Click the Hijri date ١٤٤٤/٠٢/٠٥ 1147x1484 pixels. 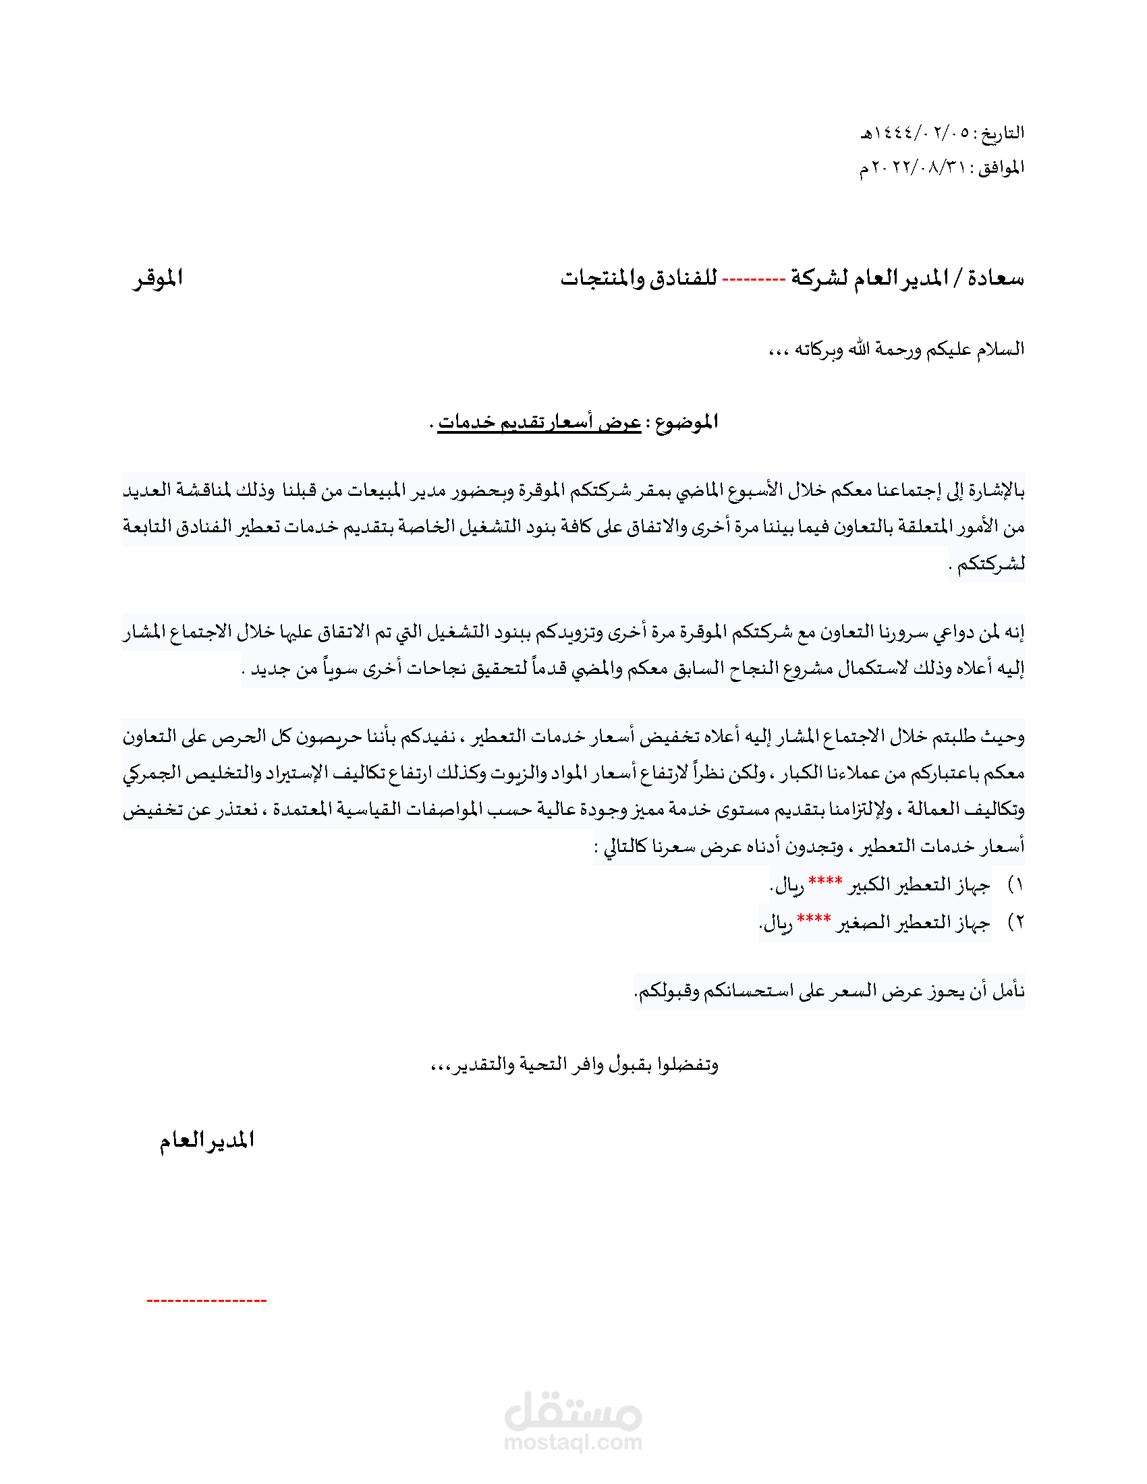915,133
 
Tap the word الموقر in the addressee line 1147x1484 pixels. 158,279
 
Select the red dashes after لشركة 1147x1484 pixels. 754,279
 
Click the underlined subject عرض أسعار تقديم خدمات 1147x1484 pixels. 539,423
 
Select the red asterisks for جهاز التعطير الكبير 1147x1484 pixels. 825,882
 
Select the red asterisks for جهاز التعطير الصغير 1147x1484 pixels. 814,919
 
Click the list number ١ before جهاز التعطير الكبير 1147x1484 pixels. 1017,885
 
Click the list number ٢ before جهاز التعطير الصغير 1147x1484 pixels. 1017,923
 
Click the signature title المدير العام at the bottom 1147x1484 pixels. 206,1140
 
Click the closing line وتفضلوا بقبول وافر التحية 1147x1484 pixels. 575,1064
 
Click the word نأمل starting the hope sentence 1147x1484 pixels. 1009,992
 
